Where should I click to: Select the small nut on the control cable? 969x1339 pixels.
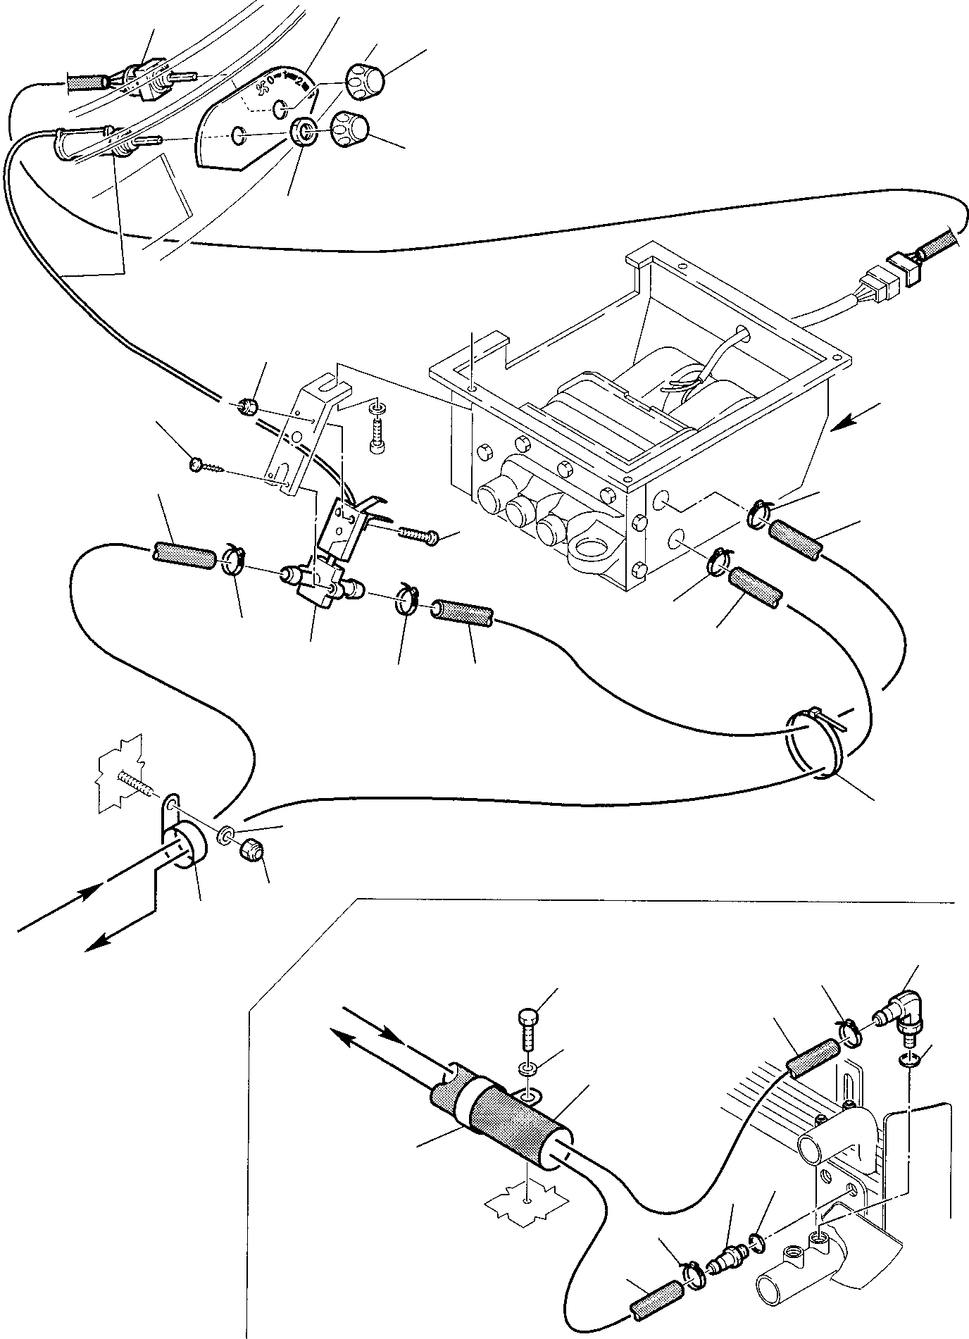click(x=247, y=406)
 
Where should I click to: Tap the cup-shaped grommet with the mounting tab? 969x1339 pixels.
click(x=185, y=843)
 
